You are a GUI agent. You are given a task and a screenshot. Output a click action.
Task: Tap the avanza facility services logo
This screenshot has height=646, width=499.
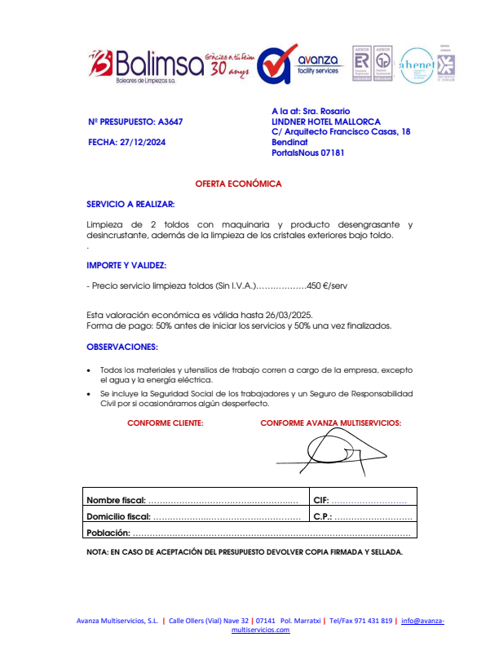[x=298, y=64]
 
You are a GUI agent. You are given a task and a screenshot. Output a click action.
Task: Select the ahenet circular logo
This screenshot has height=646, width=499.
[x=417, y=64]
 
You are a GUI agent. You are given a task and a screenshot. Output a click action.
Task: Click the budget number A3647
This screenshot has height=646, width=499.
[x=170, y=122]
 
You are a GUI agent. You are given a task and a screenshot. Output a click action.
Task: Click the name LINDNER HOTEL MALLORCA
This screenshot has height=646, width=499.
[x=326, y=122]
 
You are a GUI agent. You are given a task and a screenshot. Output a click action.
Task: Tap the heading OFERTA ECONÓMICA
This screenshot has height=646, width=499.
[x=238, y=184]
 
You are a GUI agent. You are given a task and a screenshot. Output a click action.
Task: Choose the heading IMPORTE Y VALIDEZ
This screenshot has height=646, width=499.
[x=126, y=265]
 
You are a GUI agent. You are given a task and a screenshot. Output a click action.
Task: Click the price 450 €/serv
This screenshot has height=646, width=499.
[x=328, y=286]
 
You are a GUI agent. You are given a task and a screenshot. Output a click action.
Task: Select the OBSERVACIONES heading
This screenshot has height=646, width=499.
[x=122, y=347]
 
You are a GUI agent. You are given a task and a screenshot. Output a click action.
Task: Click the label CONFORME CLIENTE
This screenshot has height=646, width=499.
[x=165, y=423]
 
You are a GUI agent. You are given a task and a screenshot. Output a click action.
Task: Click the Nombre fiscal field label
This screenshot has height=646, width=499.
[x=116, y=500]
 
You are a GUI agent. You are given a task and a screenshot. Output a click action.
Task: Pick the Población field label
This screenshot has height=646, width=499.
[x=108, y=533]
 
